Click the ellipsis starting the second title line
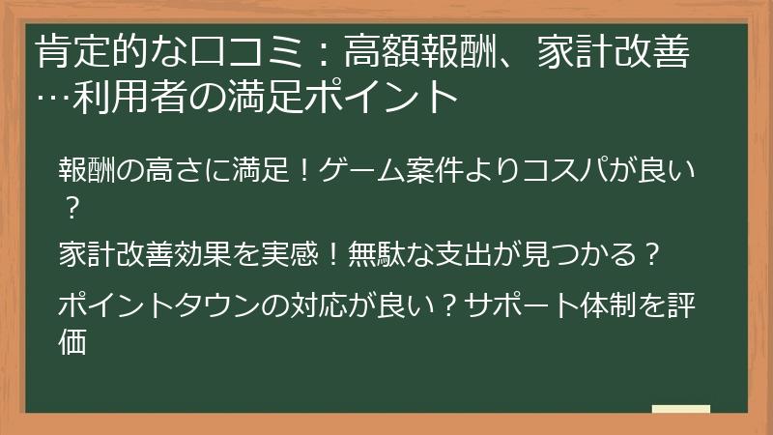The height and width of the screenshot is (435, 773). [x=51, y=98]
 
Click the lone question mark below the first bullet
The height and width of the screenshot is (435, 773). [x=69, y=205]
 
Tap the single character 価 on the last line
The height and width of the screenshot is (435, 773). [x=73, y=340]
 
